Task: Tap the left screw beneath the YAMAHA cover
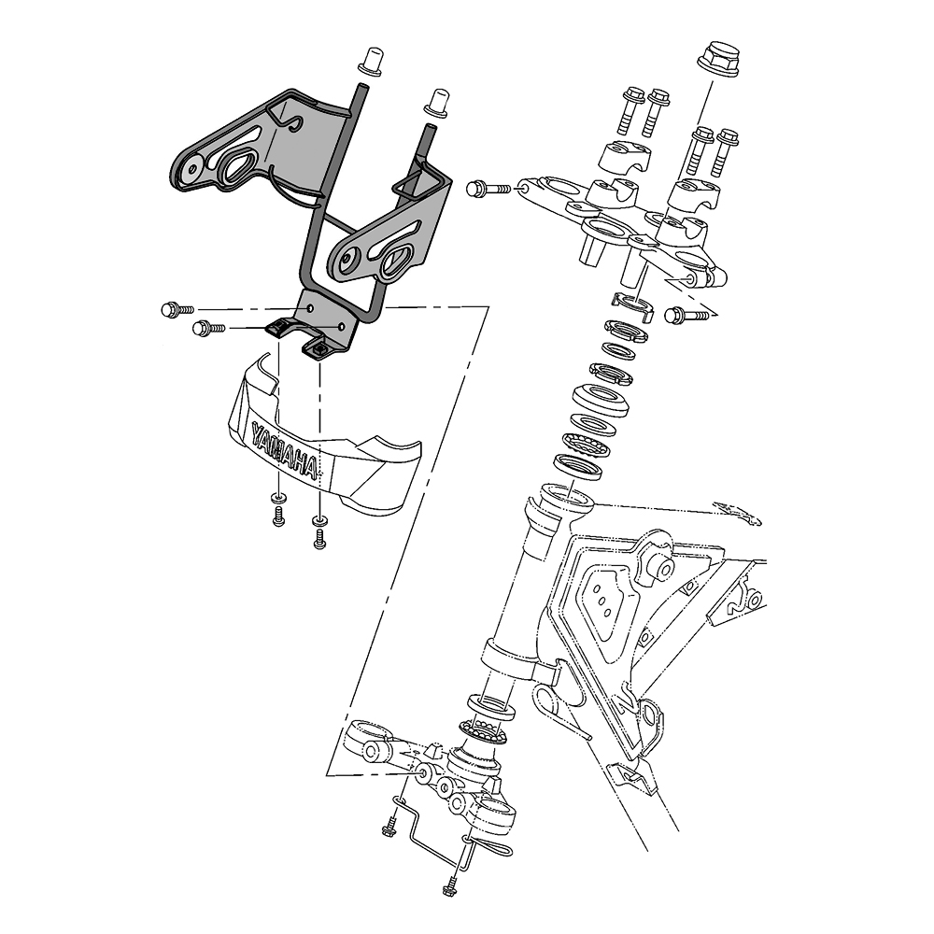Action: [277, 515]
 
